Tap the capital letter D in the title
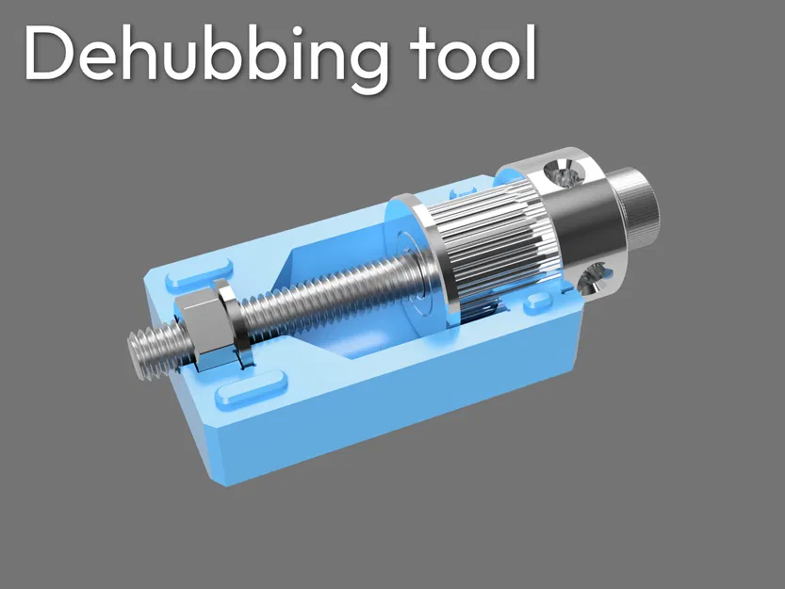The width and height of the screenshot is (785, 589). [47, 54]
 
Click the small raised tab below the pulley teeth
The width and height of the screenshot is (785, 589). [539, 303]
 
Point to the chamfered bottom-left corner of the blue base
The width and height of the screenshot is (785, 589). [213, 452]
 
